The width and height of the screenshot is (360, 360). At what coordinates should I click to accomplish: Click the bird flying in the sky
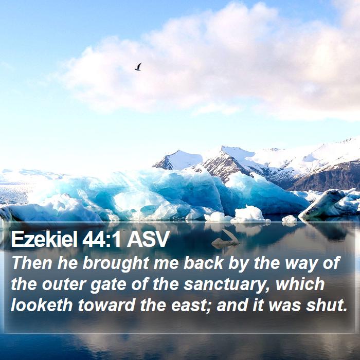click(x=138, y=66)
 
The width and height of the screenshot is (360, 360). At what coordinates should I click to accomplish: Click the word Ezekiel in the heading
click(x=44, y=239)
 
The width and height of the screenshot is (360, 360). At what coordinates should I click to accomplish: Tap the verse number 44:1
click(x=101, y=240)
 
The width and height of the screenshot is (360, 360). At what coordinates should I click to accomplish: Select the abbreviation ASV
click(x=148, y=240)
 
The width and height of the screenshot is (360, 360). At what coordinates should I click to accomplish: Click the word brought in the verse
click(x=116, y=263)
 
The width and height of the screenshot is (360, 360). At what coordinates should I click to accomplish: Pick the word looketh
click(x=42, y=305)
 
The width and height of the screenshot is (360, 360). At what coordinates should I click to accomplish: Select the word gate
click(x=109, y=285)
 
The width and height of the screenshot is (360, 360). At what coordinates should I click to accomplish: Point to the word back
click(x=204, y=263)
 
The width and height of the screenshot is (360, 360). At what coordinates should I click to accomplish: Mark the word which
click(x=300, y=284)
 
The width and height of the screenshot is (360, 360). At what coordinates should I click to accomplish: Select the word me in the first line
click(x=166, y=264)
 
